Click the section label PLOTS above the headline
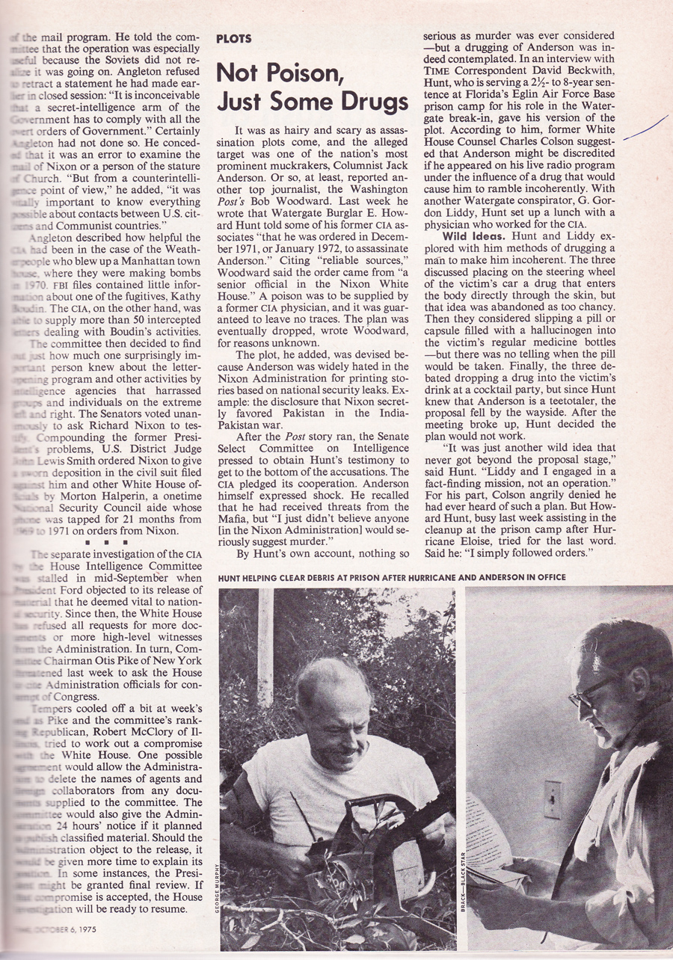233,39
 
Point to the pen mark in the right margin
645,128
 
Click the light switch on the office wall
553,800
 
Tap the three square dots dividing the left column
111,539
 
